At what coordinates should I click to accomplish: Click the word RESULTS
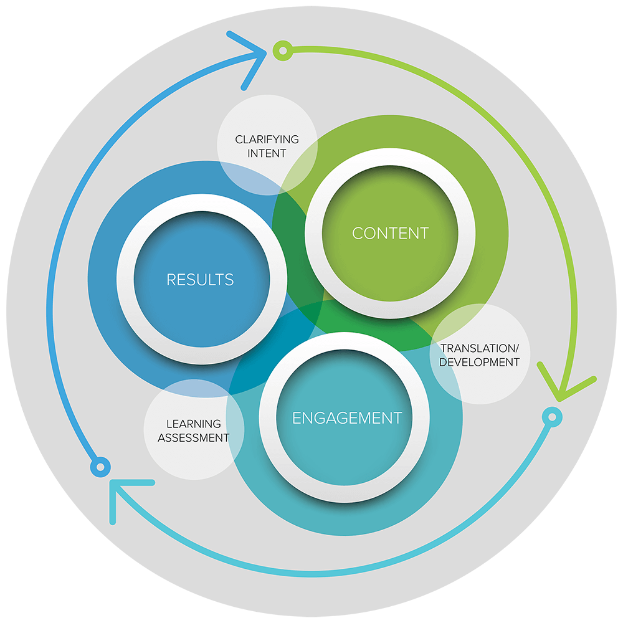[200, 279]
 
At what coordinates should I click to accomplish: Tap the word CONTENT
[391, 233]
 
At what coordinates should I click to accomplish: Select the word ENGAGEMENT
[347, 418]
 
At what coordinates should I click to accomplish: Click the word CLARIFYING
[267, 140]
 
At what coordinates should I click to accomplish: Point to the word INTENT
[267, 153]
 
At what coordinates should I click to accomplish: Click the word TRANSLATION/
[480, 348]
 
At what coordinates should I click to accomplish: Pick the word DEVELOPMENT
[479, 363]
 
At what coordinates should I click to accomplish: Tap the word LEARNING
[194, 424]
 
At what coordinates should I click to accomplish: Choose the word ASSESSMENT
[194, 438]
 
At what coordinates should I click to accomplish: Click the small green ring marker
[283, 50]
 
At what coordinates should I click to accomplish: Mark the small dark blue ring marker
[100, 467]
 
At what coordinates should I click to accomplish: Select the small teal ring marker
[552, 417]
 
